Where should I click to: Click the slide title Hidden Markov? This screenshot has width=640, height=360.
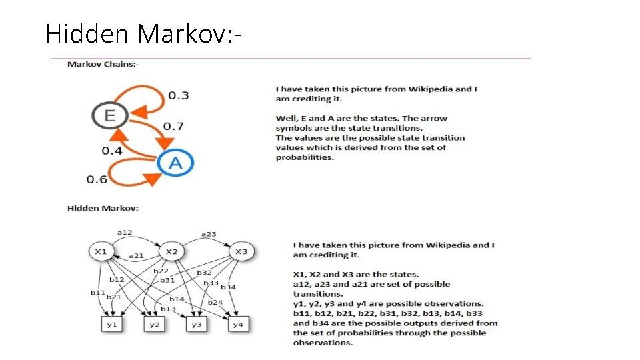click(x=143, y=33)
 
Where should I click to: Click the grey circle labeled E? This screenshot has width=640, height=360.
click(x=109, y=116)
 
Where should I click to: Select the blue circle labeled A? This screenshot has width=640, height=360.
click(x=175, y=162)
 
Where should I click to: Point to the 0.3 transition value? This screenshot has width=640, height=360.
click(x=178, y=95)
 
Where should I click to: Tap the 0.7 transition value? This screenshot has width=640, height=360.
click(x=173, y=126)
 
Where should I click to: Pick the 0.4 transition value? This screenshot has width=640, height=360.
click(x=112, y=151)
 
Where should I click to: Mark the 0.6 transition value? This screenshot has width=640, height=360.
click(x=97, y=179)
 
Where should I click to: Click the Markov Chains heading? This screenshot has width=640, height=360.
click(x=103, y=64)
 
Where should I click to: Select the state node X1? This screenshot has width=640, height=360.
click(x=101, y=251)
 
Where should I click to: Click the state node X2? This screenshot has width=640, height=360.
click(x=172, y=251)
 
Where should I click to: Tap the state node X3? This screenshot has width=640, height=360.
click(x=241, y=251)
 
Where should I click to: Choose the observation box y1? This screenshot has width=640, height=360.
click(x=111, y=325)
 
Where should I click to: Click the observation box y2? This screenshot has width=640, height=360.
click(x=155, y=325)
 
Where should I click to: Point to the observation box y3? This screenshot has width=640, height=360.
click(x=196, y=325)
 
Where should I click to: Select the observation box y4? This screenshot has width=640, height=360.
click(x=238, y=325)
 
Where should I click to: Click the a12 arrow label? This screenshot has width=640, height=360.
click(x=125, y=232)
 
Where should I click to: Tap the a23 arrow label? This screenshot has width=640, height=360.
click(x=209, y=234)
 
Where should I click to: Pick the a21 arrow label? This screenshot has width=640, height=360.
click(x=136, y=255)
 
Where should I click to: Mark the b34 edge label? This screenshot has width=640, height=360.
click(x=228, y=287)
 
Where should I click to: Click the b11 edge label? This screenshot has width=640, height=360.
click(x=98, y=292)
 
